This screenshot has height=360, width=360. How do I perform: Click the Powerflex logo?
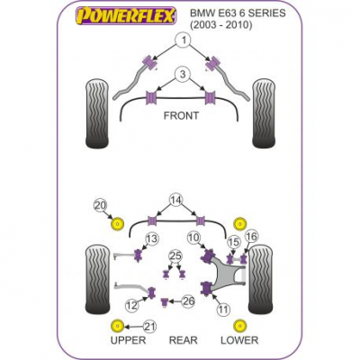(x=125, y=16)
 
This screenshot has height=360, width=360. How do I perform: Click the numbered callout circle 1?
(x=183, y=40)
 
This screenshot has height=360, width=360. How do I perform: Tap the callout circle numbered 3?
(x=183, y=74)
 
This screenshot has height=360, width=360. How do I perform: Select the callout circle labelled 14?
(x=176, y=200)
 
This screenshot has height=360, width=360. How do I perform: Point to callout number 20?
(x=101, y=205)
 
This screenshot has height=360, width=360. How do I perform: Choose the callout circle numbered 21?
(x=150, y=327)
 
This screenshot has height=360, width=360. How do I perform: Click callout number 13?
(x=152, y=239)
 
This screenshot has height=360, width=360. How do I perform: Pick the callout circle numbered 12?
(x=132, y=305)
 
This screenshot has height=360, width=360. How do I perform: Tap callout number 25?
(x=175, y=256)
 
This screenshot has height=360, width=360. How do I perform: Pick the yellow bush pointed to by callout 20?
(x=117, y=224)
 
